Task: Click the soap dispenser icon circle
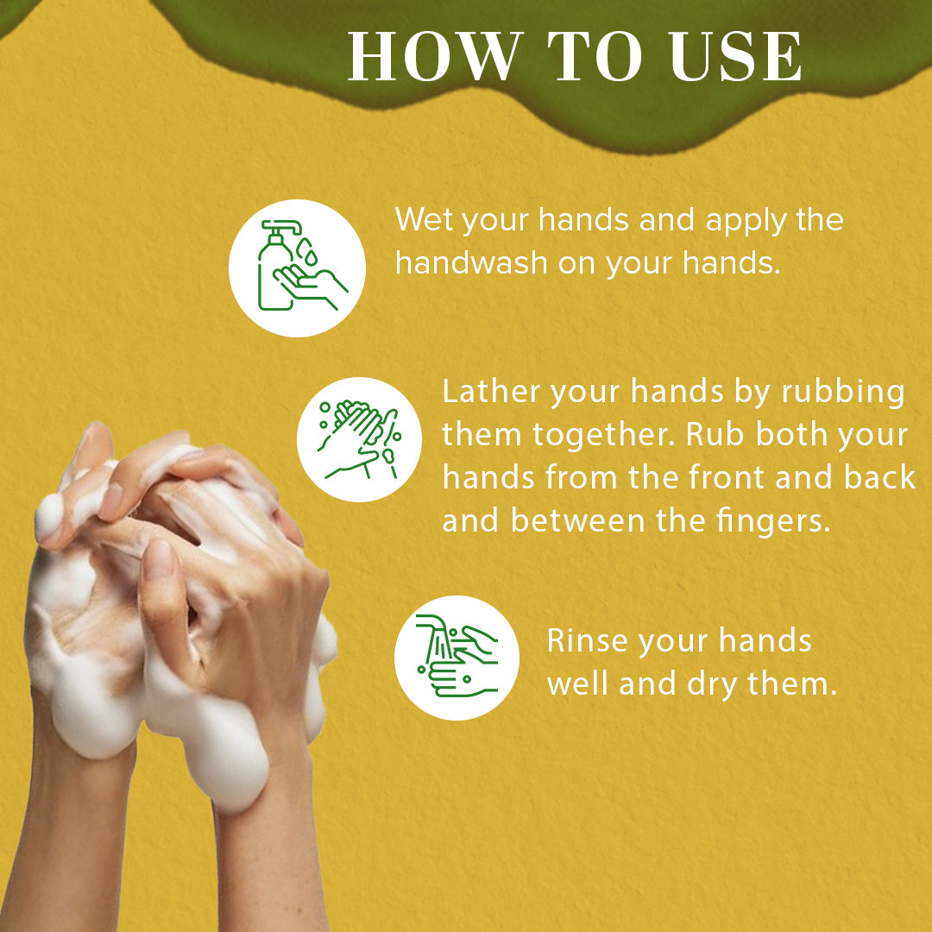click(297, 268)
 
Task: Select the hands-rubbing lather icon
click(359, 439)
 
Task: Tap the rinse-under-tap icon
click(457, 658)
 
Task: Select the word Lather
click(491, 392)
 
